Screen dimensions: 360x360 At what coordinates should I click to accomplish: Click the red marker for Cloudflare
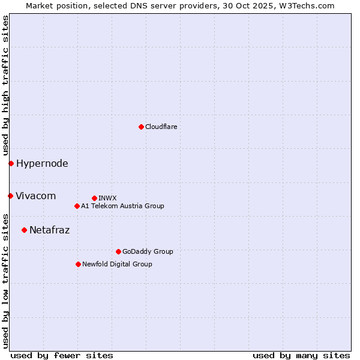pyautogui.click(x=141, y=127)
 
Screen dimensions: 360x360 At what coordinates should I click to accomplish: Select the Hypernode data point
pyautogui.click(x=11, y=163)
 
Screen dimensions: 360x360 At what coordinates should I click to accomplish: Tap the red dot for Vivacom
pyautogui.click(x=10, y=196)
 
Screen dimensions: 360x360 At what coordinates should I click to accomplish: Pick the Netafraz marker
pyautogui.click(x=24, y=230)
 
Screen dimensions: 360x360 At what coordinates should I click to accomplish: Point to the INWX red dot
pyautogui.click(x=94, y=198)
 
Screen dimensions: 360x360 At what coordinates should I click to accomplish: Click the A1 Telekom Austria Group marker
pyautogui.click(x=77, y=206)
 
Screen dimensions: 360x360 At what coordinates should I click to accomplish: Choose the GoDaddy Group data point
pyautogui.click(x=118, y=251)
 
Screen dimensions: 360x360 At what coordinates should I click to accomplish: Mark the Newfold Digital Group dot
pyautogui.click(x=78, y=264)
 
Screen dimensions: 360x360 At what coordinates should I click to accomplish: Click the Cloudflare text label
pyautogui.click(x=161, y=127)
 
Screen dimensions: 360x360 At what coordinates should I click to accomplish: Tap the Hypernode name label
pyautogui.click(x=42, y=163)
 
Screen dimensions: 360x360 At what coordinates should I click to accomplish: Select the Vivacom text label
pyautogui.click(x=35, y=196)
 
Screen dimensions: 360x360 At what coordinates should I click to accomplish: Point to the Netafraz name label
pyautogui.click(x=49, y=230)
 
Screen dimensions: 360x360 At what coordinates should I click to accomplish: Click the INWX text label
pyautogui.click(x=107, y=198)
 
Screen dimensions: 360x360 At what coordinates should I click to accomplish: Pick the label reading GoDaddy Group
pyautogui.click(x=148, y=251)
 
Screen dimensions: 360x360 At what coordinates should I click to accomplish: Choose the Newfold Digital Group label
pyautogui.click(x=117, y=264)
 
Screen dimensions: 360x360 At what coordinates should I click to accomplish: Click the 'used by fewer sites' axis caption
pyautogui.click(x=62, y=355)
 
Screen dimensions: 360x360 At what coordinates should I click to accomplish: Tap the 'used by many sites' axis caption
pyautogui.click(x=301, y=355)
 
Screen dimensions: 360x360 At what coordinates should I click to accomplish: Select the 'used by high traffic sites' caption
pyautogui.click(x=5, y=85)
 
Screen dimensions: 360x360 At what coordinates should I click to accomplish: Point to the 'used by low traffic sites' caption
pyautogui.click(x=5, y=280)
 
